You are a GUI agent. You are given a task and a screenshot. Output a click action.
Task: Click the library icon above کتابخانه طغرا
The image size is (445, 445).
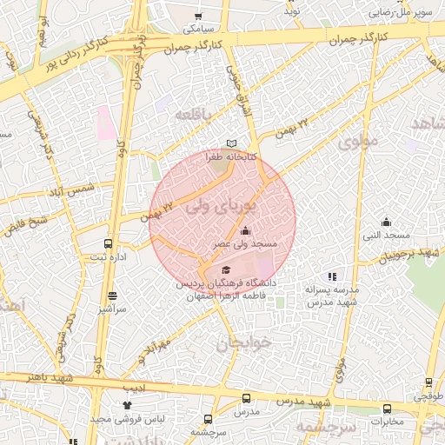[x=230, y=143]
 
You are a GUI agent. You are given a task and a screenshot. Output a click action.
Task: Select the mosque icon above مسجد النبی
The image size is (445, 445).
[x=386, y=222]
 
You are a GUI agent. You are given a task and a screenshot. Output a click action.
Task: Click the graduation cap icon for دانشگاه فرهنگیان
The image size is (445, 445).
[x=227, y=269]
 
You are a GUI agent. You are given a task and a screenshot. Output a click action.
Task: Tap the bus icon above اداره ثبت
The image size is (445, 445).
[x=108, y=243]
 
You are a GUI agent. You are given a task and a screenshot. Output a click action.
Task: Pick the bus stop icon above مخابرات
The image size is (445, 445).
[x=387, y=408]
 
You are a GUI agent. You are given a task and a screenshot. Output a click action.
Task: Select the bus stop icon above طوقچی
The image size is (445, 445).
[x=428, y=382]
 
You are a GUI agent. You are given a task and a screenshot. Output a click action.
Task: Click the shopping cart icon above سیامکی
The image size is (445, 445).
[x=198, y=16]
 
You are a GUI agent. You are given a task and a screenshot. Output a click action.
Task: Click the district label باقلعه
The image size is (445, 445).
[x=194, y=115]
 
